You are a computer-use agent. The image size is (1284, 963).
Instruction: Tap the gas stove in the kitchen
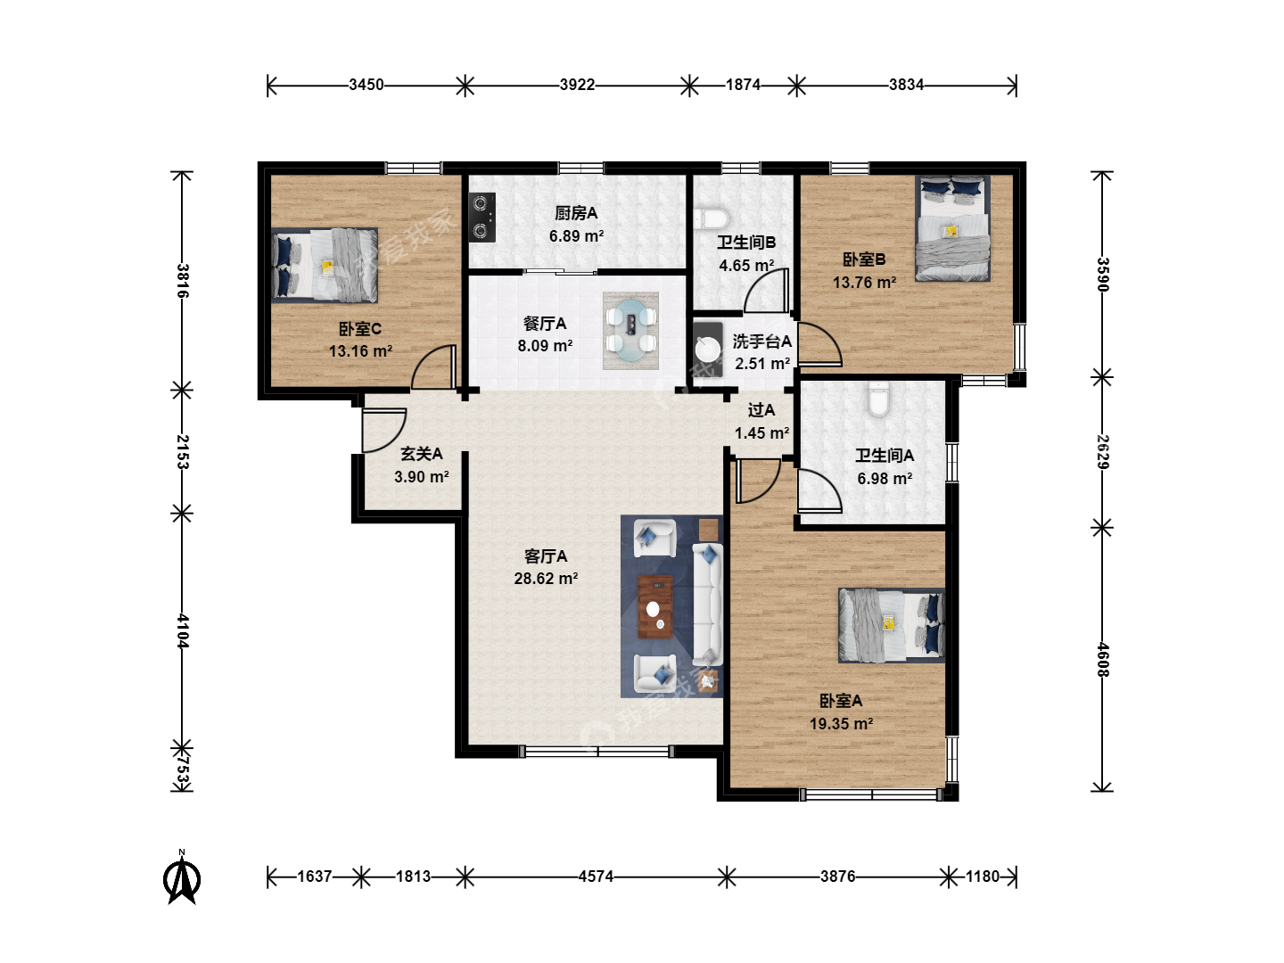(482, 218)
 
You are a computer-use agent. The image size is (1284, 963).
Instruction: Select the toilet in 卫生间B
(712, 218)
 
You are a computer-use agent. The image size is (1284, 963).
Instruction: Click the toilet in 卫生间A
(878, 399)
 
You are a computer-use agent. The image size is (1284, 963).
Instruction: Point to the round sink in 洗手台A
(708, 350)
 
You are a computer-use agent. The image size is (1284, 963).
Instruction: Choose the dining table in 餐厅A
(630, 331)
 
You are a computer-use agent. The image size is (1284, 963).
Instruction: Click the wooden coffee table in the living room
(655, 607)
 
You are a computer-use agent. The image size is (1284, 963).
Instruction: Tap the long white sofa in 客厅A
(708, 605)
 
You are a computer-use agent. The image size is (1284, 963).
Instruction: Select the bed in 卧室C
(325, 266)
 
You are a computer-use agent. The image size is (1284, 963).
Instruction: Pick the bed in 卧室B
(953, 228)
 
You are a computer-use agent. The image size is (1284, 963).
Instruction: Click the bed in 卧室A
(892, 625)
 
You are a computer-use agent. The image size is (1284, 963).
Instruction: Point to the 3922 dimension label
(577, 85)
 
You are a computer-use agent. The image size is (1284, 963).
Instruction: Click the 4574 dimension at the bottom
(596, 877)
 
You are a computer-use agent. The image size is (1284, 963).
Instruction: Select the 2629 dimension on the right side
(1102, 452)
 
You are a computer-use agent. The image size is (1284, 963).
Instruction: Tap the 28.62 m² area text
(546, 579)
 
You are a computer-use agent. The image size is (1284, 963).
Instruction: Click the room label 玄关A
(421, 454)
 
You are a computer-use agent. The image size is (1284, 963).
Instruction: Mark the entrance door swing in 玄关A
(383, 431)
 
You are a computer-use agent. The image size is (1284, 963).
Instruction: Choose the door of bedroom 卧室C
(433, 366)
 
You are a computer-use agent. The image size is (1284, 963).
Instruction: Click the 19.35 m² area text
(841, 724)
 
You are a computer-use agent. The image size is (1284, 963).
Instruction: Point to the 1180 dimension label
(982, 877)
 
